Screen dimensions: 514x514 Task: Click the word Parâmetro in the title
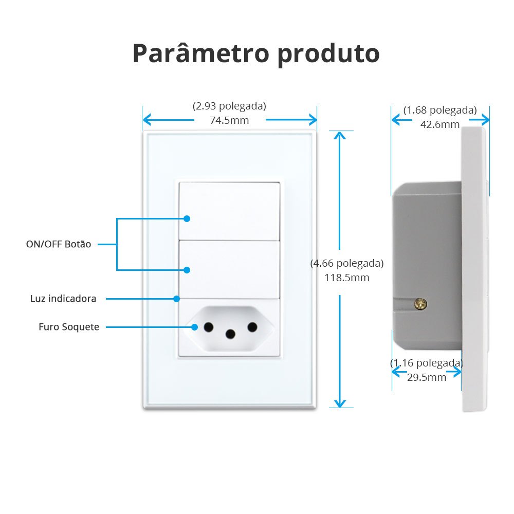(x=201, y=53)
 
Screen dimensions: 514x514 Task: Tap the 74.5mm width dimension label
(x=229, y=120)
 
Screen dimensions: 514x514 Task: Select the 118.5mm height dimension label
(x=347, y=278)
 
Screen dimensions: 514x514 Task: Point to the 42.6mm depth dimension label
(x=440, y=124)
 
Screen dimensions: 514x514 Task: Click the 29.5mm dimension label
(x=427, y=377)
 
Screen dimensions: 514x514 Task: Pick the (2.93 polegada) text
(x=229, y=106)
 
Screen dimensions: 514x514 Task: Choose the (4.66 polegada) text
(x=347, y=263)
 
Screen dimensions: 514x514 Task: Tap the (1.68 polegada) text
(x=440, y=110)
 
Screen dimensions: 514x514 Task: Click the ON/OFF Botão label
(x=59, y=244)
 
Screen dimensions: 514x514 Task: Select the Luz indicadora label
(x=63, y=299)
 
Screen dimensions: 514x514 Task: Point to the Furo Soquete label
(x=69, y=327)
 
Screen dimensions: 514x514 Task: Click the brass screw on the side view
(x=420, y=304)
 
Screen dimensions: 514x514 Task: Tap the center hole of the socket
(x=230, y=335)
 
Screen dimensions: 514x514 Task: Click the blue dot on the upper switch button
(x=187, y=218)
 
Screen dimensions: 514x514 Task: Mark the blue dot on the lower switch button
(x=187, y=270)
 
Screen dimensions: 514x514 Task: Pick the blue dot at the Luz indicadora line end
(x=177, y=299)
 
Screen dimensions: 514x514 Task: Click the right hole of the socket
(x=252, y=327)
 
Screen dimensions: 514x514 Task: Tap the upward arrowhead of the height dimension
(x=340, y=135)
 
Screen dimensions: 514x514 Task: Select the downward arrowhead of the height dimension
(x=340, y=403)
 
